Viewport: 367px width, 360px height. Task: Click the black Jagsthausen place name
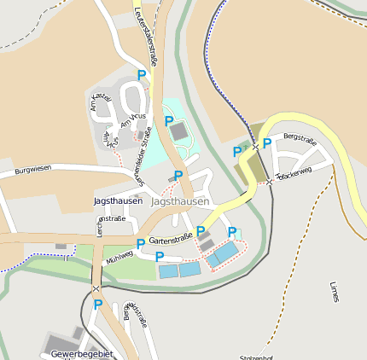point(117,201)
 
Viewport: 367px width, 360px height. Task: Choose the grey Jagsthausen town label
point(179,202)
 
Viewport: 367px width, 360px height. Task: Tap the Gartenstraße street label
point(169,240)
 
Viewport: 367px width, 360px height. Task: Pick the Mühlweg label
point(119,254)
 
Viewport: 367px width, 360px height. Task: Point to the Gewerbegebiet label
point(82,353)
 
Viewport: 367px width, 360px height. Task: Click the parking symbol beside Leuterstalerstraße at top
point(142,75)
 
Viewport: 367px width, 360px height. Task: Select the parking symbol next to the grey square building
point(169,121)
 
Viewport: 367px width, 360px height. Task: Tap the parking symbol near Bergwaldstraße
point(98,305)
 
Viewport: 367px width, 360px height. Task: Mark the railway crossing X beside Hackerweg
point(269,181)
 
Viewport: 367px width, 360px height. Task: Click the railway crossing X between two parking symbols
point(254,148)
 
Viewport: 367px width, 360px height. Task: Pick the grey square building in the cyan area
point(179,131)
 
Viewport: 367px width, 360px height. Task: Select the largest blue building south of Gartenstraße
point(227,253)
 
